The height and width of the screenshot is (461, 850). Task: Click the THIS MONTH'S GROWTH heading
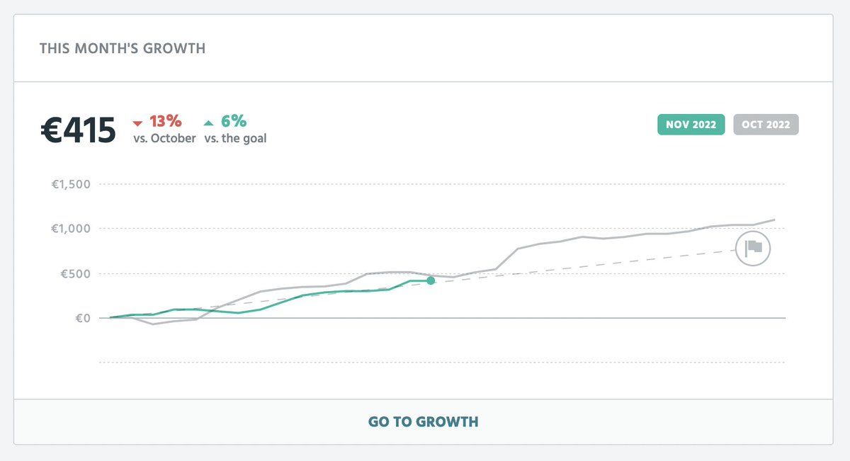click(x=123, y=49)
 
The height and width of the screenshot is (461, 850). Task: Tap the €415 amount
click(x=78, y=130)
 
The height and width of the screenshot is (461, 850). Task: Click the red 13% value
click(x=165, y=121)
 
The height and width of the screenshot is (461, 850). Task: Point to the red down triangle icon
click(x=138, y=124)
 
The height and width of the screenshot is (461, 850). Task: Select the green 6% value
click(x=234, y=121)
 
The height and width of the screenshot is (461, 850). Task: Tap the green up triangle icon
click(x=209, y=123)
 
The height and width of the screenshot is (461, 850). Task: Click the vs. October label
click(x=164, y=139)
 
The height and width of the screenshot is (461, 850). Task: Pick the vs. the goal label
click(x=235, y=139)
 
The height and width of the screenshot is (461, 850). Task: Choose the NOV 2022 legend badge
click(x=691, y=125)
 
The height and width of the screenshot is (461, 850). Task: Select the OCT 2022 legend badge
click(x=766, y=125)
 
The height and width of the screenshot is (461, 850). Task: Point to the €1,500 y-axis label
click(x=72, y=185)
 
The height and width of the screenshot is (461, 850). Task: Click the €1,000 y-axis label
click(x=72, y=229)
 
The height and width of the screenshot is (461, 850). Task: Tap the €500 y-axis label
click(x=76, y=274)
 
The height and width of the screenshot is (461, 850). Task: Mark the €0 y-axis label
click(x=83, y=318)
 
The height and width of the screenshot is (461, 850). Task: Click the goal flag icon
click(x=752, y=248)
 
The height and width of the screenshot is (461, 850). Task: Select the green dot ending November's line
click(x=431, y=281)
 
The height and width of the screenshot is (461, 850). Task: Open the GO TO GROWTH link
click(x=423, y=422)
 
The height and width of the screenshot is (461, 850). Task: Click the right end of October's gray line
click(x=774, y=220)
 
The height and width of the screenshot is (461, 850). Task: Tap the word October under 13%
click(x=174, y=139)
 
